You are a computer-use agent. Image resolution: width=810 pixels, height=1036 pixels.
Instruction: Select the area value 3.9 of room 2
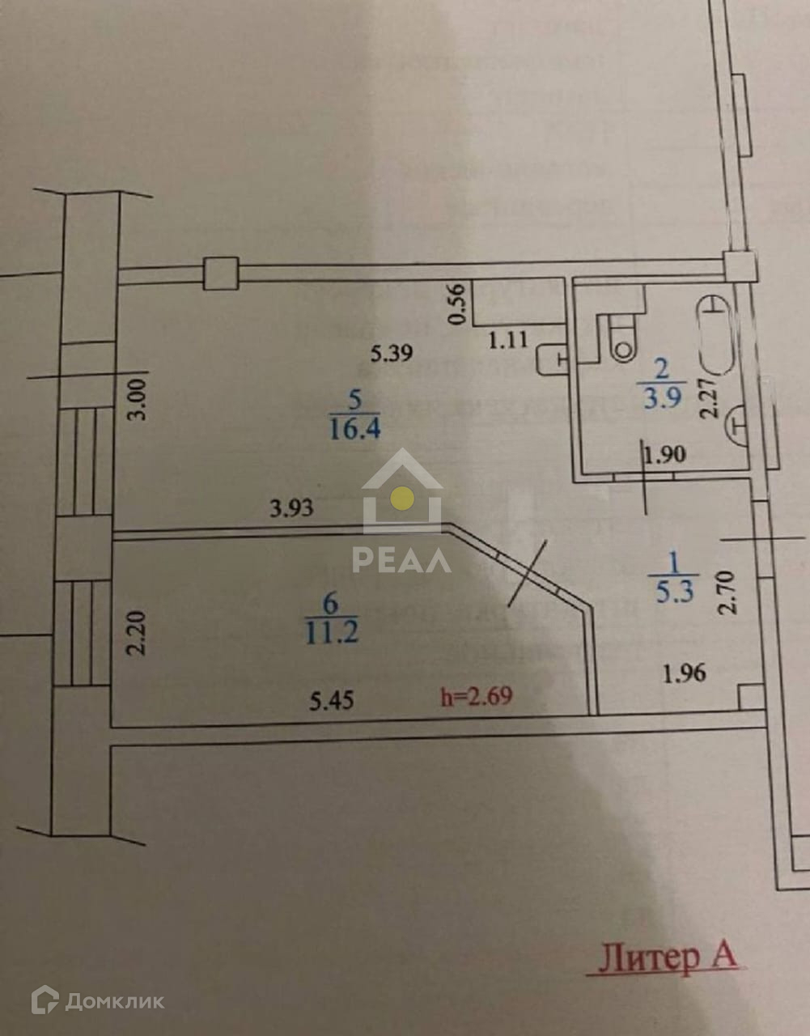[661, 398]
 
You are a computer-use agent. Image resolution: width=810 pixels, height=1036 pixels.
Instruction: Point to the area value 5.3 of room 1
[674, 592]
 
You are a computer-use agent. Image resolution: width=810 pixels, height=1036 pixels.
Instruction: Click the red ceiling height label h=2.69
[476, 695]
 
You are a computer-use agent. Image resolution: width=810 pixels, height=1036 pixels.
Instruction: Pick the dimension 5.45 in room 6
[332, 699]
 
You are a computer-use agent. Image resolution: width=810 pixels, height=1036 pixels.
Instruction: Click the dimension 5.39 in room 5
[392, 353]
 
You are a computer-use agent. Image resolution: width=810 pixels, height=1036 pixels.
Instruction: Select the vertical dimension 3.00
[139, 400]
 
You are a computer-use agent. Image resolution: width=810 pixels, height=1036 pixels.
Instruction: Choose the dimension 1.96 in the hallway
[684, 673]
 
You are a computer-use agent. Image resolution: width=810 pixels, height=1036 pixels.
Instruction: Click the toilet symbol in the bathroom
[621, 341]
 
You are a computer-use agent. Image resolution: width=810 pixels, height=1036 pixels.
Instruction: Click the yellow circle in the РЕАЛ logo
[401, 497]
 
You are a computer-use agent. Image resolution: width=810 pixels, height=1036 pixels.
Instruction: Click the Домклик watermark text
[114, 1002]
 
